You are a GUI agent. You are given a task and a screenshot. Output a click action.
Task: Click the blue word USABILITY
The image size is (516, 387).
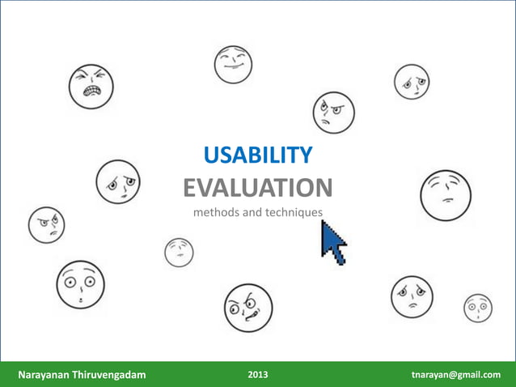(258, 155)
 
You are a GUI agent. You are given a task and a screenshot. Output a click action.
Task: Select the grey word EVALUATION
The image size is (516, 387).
(257, 189)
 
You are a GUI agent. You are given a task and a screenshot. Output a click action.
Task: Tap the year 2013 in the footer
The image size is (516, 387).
(258, 375)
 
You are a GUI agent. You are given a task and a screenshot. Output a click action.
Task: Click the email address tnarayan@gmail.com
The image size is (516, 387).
(455, 375)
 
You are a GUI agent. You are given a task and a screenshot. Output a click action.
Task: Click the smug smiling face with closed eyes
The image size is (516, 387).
(233, 64)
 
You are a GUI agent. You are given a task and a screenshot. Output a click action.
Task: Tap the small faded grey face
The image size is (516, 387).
(179, 252)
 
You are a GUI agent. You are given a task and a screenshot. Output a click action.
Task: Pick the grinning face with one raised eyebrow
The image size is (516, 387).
(248, 308)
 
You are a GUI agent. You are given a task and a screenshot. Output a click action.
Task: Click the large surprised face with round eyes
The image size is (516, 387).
(80, 284)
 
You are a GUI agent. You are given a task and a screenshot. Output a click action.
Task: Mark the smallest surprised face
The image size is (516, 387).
(477, 308)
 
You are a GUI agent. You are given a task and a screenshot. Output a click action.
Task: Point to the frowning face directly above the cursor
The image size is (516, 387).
(334, 112)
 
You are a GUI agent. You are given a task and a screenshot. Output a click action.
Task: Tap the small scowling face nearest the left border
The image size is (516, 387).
(46, 224)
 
